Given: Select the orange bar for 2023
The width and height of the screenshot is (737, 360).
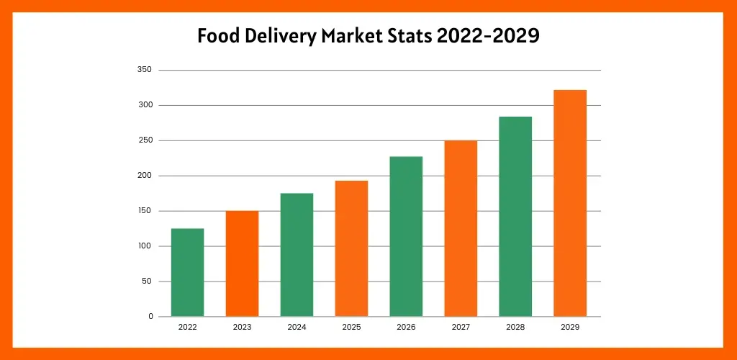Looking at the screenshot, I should pos(242,264).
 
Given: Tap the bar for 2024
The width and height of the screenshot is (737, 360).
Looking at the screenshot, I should pos(297,255).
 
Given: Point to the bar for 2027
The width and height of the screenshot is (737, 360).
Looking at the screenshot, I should pos(461,228).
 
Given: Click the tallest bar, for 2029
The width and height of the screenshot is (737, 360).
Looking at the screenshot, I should pos(570,203).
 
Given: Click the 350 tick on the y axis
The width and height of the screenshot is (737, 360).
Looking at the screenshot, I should pos(144,70).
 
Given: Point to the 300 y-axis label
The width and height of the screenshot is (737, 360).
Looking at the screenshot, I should pos(144,105).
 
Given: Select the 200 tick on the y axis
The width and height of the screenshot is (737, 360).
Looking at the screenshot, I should pos(144,176).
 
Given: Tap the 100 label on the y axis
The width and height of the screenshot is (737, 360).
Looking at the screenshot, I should pos(144,246).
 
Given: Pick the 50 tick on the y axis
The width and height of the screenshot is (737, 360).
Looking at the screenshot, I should pos(146,282).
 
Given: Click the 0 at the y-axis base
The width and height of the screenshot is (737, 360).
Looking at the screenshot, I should pos(150,317).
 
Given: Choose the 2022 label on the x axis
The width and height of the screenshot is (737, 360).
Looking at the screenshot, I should pos(187,328).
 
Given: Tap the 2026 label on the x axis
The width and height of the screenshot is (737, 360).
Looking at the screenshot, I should pos(406,328).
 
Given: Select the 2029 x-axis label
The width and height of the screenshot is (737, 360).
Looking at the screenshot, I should pos(570,328).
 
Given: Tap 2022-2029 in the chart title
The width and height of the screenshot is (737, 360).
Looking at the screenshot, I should pos(487,36).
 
